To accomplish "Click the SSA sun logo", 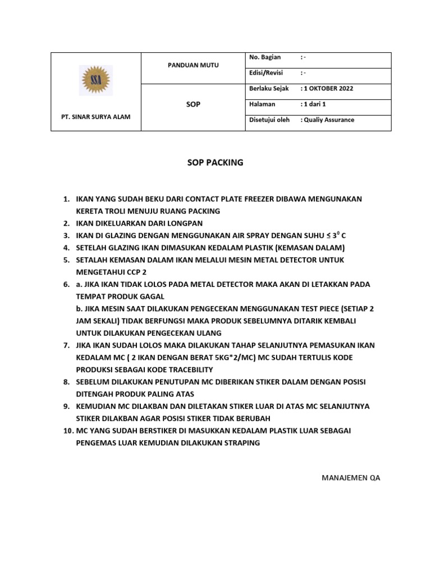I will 95,81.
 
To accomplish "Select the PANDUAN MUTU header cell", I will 194,65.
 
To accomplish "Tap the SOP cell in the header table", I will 194,104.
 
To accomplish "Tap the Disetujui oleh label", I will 269,120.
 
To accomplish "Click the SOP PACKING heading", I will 215,163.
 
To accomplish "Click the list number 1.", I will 66,199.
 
